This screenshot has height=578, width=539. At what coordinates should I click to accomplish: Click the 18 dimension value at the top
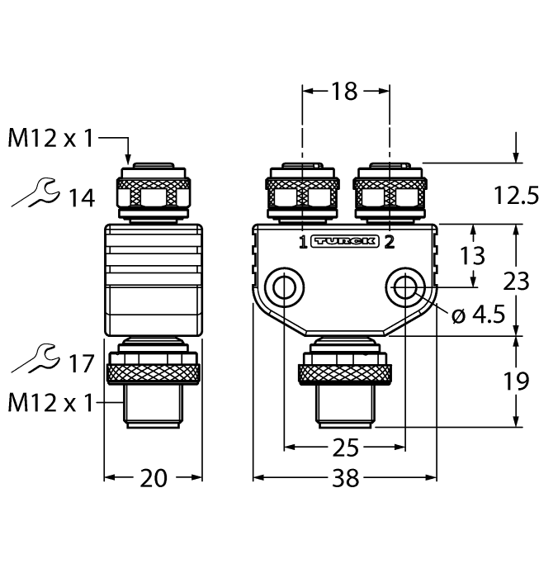345,91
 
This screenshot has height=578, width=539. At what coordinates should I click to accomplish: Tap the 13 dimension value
473,255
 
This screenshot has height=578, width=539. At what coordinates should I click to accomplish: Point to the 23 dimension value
517,282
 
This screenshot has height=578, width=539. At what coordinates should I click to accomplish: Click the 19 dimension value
517,381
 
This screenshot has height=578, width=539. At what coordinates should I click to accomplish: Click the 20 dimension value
153,478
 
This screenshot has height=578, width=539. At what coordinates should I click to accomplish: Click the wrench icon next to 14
35,195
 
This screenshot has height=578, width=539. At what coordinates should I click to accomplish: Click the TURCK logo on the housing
345,242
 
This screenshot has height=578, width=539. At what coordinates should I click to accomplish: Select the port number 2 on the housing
389,242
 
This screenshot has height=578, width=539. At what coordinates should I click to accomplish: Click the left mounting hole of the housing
285,287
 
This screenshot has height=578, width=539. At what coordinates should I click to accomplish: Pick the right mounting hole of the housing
405,287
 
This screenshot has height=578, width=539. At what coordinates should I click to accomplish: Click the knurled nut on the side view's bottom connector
153,369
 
